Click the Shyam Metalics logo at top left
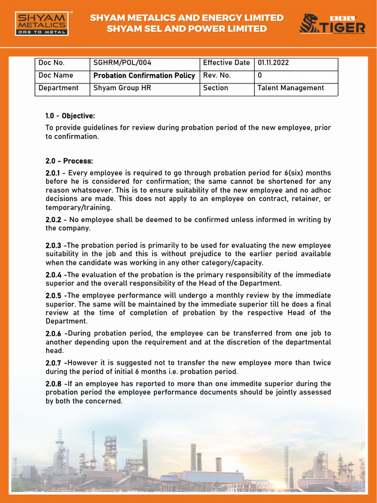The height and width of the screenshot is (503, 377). pos(41,24)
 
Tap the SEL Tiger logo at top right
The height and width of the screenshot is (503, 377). pos(332,24)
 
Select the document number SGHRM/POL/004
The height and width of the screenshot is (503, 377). pos(122,63)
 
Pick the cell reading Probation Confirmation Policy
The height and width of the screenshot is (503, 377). pos(144,76)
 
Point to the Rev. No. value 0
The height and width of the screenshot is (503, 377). pos(260,76)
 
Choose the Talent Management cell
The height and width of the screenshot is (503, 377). pos(291,88)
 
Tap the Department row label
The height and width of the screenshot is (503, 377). pos(58,88)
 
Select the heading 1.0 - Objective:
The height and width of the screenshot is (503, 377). pos(70,116)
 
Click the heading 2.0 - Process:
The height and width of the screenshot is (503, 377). pos(69,161)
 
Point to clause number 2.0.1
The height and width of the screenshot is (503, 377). pos(53,173)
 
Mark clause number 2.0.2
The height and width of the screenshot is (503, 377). pos(53,220)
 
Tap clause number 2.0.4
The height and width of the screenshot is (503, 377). pos(53,275)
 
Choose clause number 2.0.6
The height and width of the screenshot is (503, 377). pos(53,334)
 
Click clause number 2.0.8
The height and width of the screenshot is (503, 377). pos(53,384)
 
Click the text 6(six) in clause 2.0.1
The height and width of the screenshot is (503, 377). pos(294,173)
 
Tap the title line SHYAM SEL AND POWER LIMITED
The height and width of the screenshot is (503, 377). pos(187,29)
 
